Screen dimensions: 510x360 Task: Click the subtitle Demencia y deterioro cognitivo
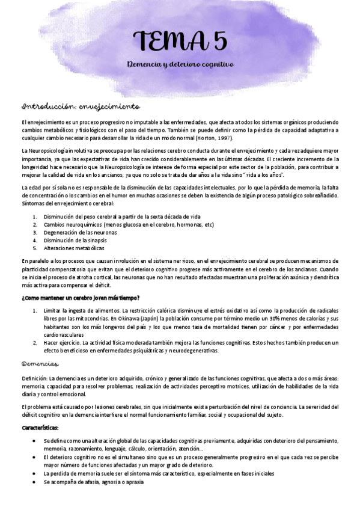(x=180, y=64)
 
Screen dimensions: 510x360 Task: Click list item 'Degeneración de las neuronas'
(x=81, y=232)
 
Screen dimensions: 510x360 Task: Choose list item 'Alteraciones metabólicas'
(x=74, y=248)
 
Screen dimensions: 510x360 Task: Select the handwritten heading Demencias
(x=40, y=364)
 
